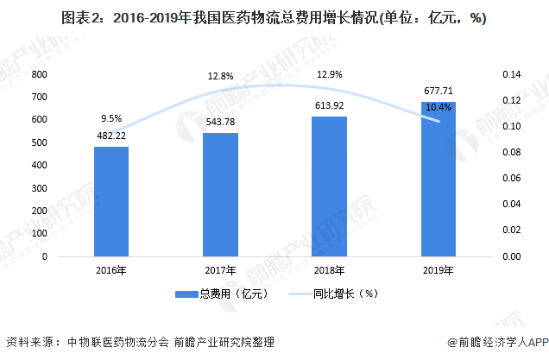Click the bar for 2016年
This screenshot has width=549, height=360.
[x=111, y=202]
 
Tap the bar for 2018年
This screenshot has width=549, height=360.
[x=329, y=186]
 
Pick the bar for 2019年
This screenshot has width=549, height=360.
[x=438, y=180]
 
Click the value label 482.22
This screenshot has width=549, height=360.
[x=111, y=136]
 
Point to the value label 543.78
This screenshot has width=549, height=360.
[x=220, y=122]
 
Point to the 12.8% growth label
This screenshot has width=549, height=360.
[x=220, y=77]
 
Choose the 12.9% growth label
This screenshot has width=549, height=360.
[x=329, y=76]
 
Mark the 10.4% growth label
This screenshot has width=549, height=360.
[x=438, y=106]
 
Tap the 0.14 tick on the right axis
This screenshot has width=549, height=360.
[x=512, y=75]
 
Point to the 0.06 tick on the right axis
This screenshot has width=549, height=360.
[x=512, y=179]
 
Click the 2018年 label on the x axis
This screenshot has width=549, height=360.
[x=329, y=271]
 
